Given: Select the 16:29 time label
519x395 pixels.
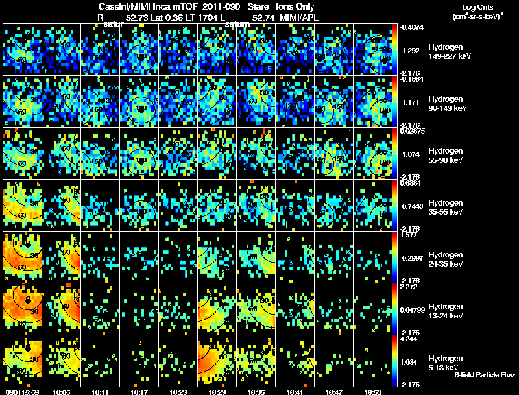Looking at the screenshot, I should coord(217,392).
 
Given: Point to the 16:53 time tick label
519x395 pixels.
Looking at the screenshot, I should coord(372,392).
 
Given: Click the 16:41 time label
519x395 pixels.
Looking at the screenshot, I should coord(295,392).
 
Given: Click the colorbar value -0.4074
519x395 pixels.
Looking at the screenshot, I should coord(413,27).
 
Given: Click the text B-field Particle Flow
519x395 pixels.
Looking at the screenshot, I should coord(484,375).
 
